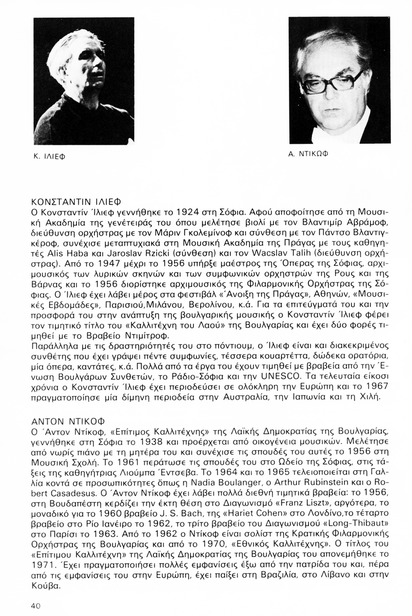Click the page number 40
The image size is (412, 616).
tap(35, 606)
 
